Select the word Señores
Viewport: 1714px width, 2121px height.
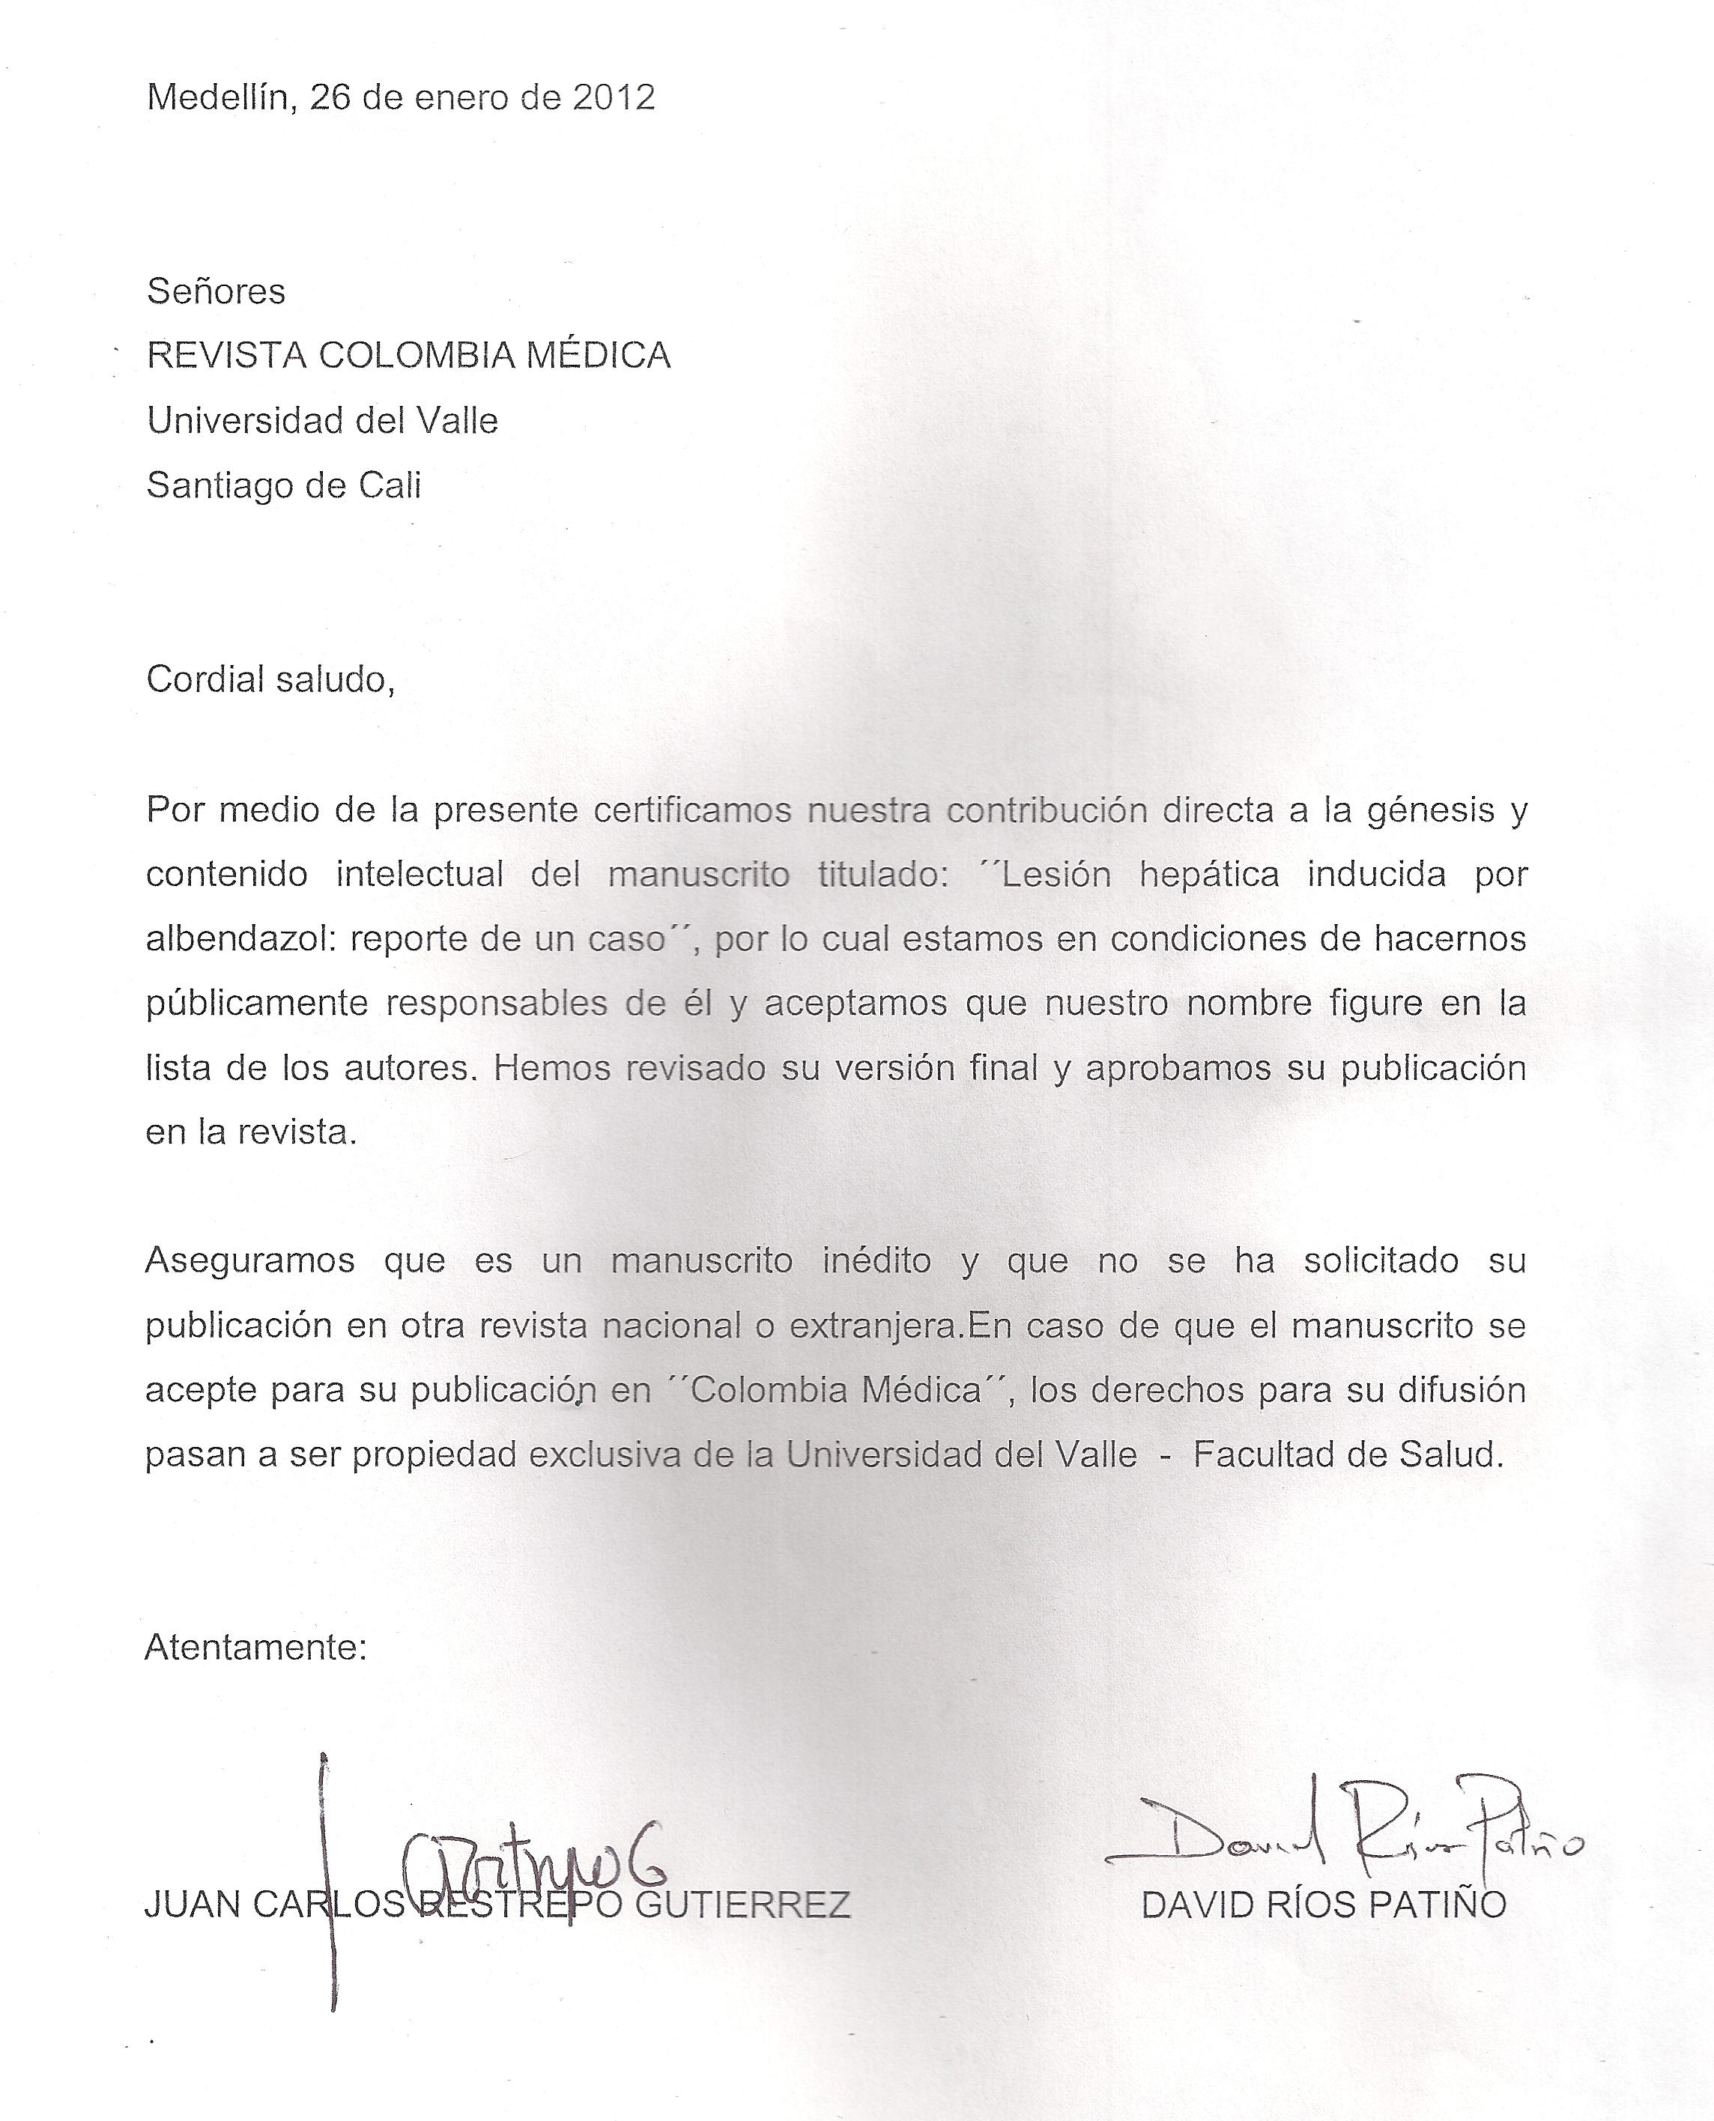216,291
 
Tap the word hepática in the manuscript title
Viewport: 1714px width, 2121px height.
1210,875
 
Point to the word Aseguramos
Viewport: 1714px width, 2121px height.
249,1261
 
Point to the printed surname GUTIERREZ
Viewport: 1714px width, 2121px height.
742,1905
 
